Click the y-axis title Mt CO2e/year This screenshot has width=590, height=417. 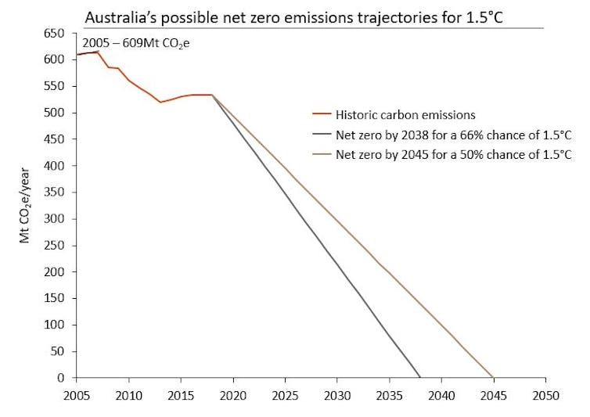25,204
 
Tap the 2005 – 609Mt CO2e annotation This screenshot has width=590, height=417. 136,43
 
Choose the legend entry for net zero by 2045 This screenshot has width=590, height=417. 454,154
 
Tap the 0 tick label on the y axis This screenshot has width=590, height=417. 63,378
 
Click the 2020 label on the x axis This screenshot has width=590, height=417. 232,395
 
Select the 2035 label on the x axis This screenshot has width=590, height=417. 389,395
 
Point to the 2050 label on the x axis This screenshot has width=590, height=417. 545,395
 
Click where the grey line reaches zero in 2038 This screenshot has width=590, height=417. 420,377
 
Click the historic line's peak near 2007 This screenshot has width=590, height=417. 97,52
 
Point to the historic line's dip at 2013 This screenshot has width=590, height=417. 160,102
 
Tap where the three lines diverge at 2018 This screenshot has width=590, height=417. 212,95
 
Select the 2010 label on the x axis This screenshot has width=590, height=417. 128,395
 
